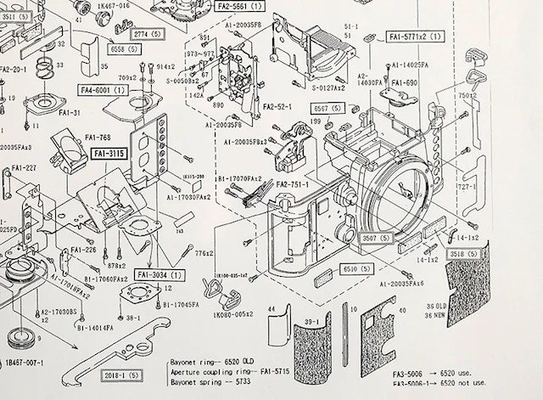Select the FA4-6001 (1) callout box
point(104,89)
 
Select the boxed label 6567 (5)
point(327,109)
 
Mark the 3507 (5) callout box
point(375,239)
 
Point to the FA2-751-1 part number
point(289,184)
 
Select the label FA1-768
point(98,136)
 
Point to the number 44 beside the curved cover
point(271,308)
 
